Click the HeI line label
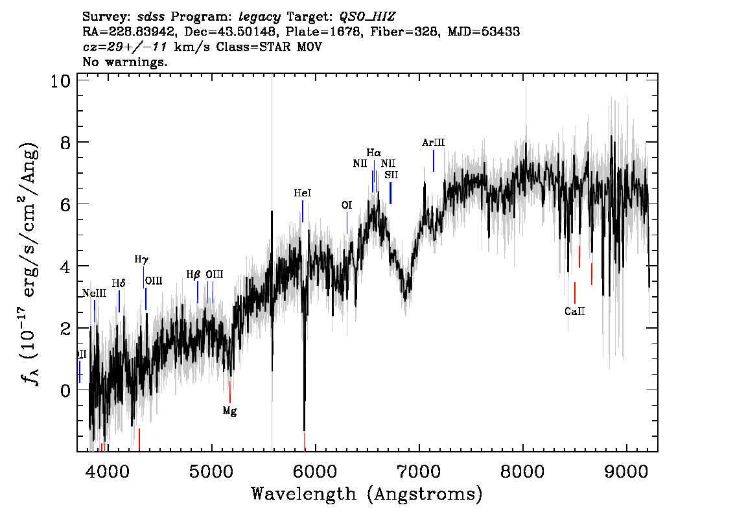303,193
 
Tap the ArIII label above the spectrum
433,143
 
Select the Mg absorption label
229,411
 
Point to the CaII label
574,311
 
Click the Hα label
374,153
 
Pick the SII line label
391,175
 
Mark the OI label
347,205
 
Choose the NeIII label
95,294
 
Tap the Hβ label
193,274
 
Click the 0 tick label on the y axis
64,390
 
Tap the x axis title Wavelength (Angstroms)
367,495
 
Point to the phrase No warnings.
125,62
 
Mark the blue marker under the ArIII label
434,161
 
